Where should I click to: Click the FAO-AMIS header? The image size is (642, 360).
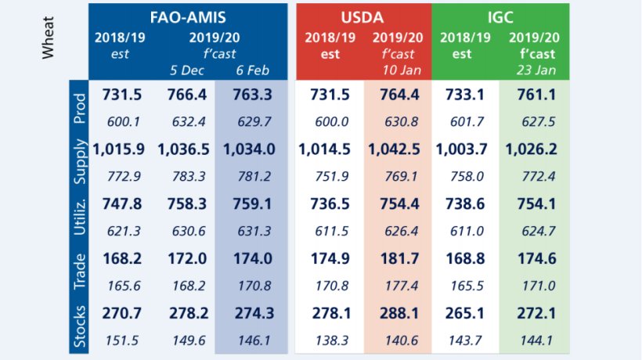188,16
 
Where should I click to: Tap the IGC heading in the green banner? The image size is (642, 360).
501,16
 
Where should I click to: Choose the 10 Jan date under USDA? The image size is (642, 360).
397,70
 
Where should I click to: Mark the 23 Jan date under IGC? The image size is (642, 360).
535,70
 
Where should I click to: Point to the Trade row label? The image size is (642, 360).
79,270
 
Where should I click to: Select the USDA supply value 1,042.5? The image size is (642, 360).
397,148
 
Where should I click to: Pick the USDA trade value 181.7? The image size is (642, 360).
397,258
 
